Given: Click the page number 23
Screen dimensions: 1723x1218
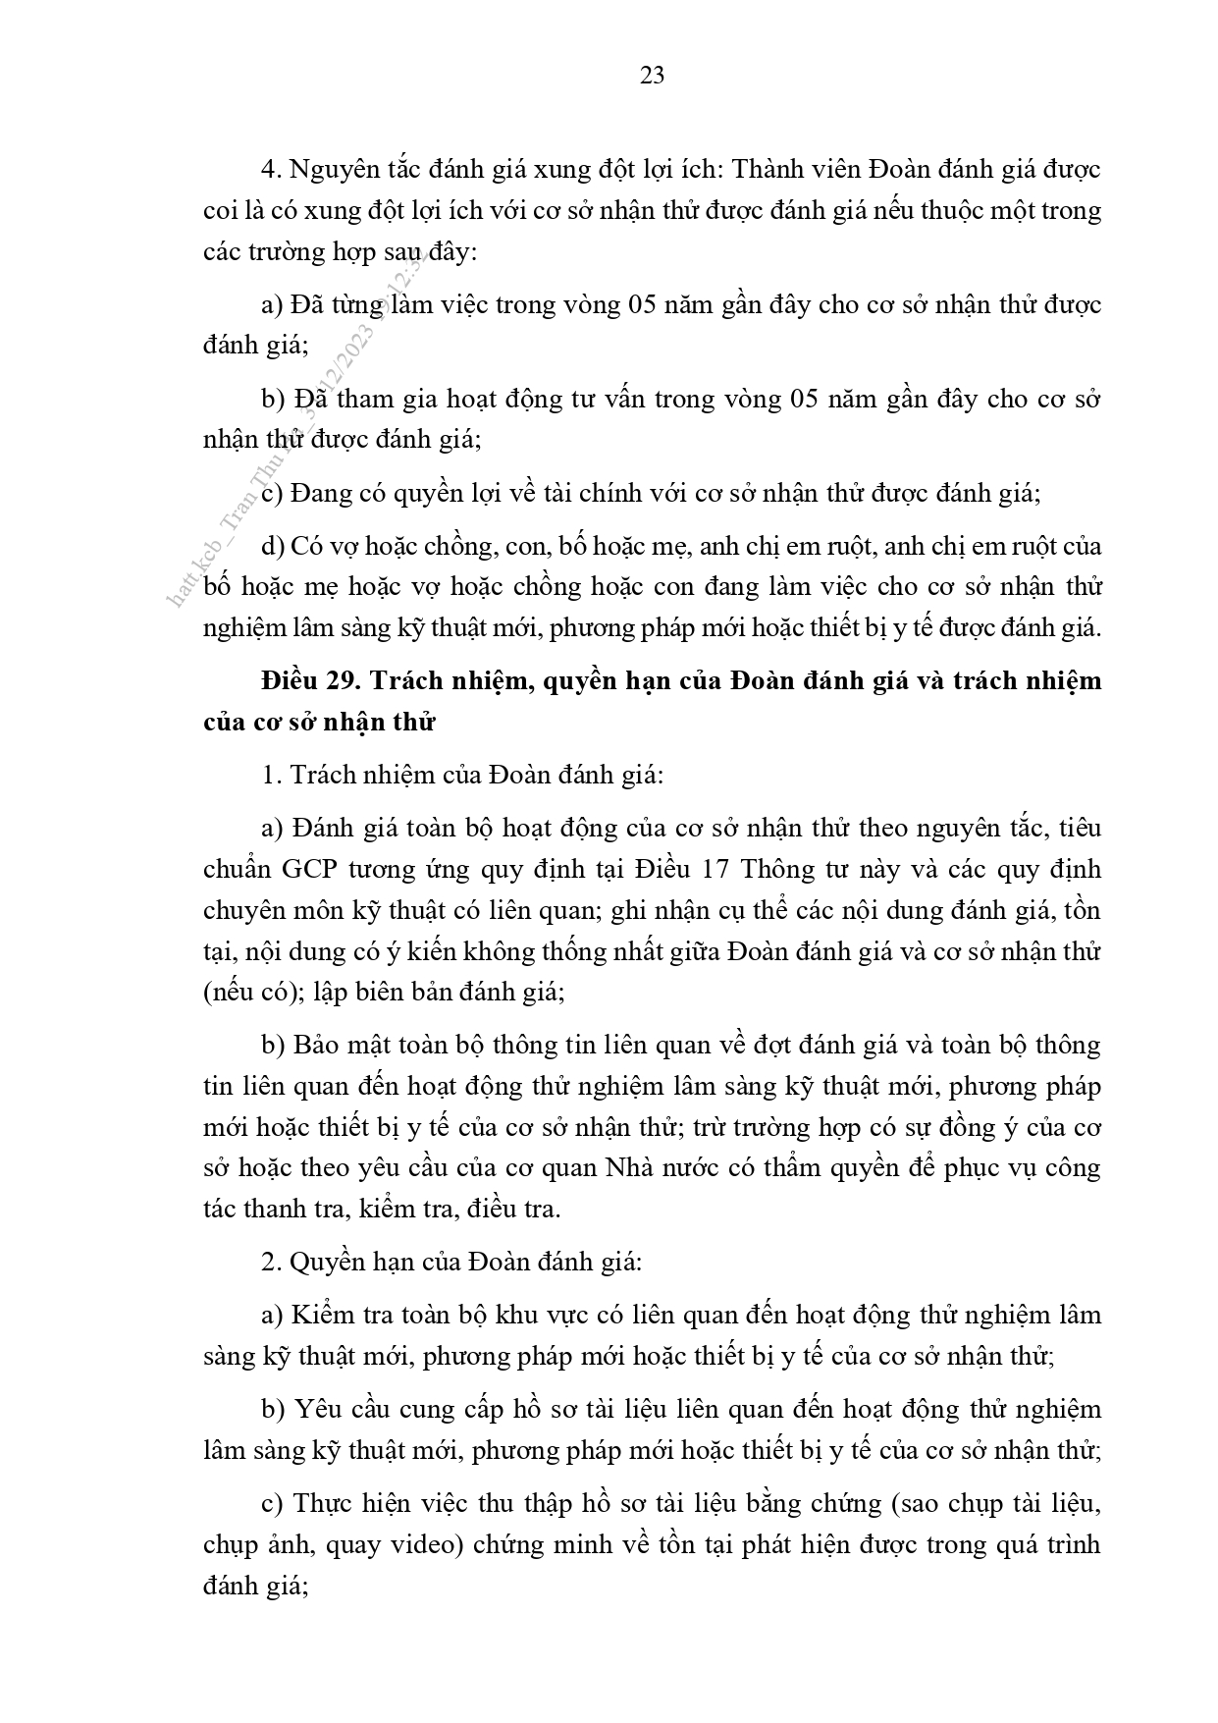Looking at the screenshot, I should click(652, 76).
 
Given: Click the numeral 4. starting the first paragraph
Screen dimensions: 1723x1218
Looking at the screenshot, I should click(271, 169).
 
